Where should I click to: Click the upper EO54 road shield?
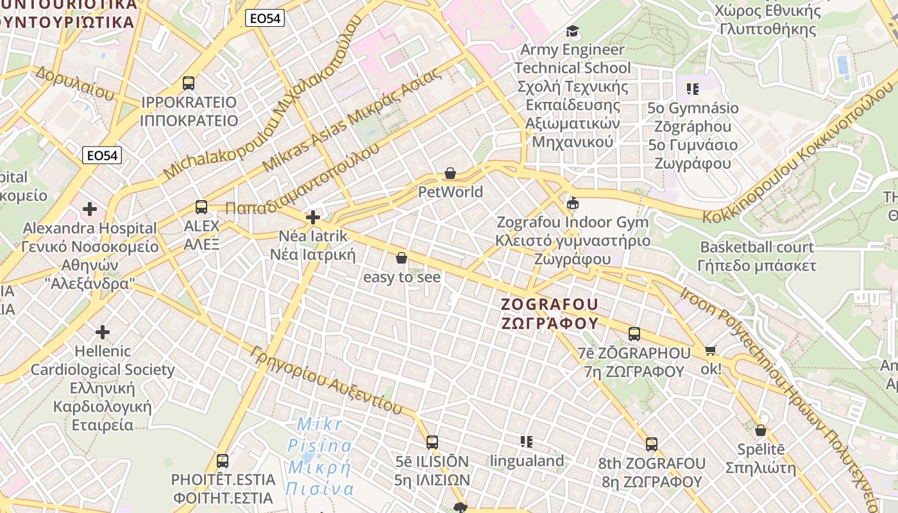coord(265,19)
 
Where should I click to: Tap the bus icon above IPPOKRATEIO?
coord(189,83)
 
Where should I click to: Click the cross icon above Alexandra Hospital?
coord(90,209)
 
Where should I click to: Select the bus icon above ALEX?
coord(201,206)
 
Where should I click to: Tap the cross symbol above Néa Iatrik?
coord(313,217)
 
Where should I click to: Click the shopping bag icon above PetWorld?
coord(450,173)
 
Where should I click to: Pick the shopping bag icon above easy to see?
coord(402,258)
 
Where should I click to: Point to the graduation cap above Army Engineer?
coord(572,31)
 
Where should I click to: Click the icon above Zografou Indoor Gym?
coord(573,204)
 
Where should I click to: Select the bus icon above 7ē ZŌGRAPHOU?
coord(634,333)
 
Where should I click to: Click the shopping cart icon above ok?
coord(710,350)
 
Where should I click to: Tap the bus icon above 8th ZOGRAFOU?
coord(652,444)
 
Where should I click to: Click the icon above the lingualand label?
coord(527,441)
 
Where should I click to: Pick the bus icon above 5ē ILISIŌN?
coord(432,442)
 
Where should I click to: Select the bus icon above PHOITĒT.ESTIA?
coord(223,460)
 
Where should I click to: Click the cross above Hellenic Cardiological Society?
coord(103,332)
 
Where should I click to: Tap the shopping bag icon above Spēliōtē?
coord(761,430)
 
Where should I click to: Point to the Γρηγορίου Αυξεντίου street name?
coord(327,380)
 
